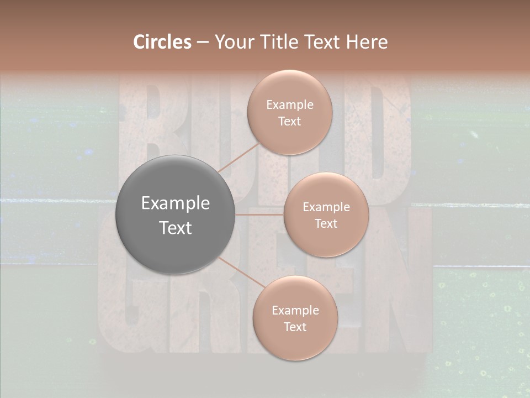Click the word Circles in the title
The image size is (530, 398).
click(x=162, y=42)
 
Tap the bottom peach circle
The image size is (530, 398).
click(x=295, y=343)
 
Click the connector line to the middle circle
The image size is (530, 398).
click(x=259, y=214)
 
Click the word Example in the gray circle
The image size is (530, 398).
click(x=176, y=203)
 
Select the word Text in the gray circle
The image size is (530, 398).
click(x=176, y=228)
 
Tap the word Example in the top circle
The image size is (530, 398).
click(x=289, y=105)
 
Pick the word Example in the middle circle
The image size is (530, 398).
click(x=326, y=207)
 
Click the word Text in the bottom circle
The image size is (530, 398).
click(x=295, y=327)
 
